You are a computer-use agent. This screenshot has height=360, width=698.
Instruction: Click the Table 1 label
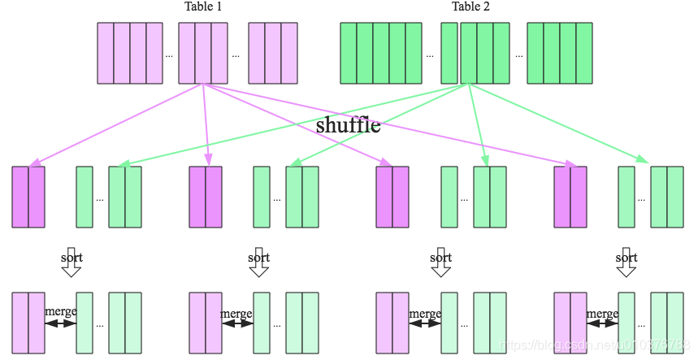[203, 7]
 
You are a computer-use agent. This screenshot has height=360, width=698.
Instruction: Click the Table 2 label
[470, 7]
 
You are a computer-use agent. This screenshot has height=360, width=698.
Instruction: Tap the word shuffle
[348, 126]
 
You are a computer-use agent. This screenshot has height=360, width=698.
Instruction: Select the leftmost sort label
[72, 258]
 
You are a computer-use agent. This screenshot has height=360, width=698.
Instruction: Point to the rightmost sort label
[626, 258]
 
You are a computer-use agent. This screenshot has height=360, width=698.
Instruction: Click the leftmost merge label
[61, 313]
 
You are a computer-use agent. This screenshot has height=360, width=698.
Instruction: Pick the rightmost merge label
[602, 314]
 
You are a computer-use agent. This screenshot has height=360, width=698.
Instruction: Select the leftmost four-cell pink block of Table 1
[130, 53]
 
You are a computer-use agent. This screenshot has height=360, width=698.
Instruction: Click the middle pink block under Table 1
[202, 53]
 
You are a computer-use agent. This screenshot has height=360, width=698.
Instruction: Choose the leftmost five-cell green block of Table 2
[381, 53]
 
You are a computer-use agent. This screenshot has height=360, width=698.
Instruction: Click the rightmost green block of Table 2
[560, 53]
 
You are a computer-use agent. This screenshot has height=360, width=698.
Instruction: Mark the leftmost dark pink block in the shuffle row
[28, 197]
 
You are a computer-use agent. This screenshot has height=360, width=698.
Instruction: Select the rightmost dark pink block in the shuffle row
[570, 197]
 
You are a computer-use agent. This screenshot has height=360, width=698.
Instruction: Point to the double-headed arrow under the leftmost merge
[60, 323]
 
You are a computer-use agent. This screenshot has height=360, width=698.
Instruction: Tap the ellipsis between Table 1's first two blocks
[169, 56]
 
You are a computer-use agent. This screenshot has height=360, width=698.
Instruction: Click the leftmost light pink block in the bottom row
[28, 323]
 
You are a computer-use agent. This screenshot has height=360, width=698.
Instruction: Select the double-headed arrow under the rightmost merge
[602, 323]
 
